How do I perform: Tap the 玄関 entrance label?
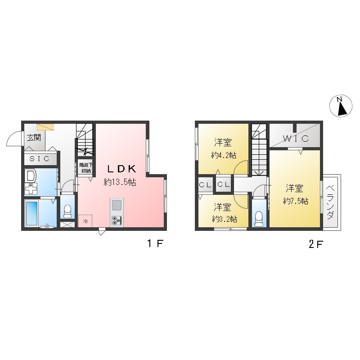click(33, 138)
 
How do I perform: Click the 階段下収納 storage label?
click(85, 167)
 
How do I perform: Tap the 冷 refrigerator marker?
click(85, 220)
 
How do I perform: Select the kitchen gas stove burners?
click(116, 220)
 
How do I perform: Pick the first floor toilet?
click(68, 210)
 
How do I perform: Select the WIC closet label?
click(295, 139)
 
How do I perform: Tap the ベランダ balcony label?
click(330, 202)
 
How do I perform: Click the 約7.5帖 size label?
click(296, 201)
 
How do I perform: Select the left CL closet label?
click(205, 184)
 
